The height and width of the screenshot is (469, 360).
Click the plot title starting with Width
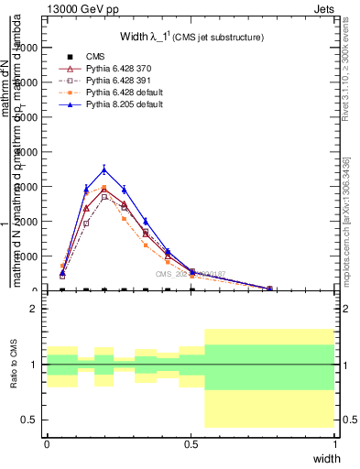click(191, 37)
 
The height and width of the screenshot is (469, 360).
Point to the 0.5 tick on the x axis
click(191, 442)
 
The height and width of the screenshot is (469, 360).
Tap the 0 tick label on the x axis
click(47, 442)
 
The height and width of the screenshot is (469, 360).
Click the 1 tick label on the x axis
click(334, 442)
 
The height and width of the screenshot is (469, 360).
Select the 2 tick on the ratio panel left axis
click(34, 309)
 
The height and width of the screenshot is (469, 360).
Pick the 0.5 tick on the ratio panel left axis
click(31, 420)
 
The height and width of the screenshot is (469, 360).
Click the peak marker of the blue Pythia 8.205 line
click(104, 169)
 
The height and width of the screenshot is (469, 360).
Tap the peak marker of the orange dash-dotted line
click(104, 187)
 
